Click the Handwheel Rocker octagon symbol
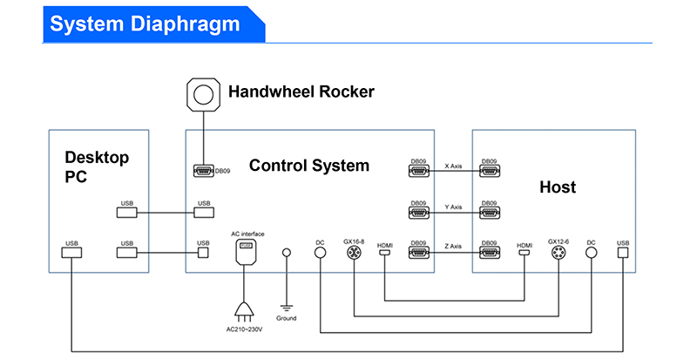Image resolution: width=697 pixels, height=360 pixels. [x=203, y=94]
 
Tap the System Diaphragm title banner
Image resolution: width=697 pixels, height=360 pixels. [x=154, y=24]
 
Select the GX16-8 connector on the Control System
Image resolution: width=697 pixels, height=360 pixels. [x=354, y=253]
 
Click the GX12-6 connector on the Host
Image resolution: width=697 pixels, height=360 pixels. [x=558, y=253]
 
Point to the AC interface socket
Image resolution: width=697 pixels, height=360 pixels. [x=245, y=251]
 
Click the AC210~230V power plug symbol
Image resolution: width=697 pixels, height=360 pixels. [x=244, y=311]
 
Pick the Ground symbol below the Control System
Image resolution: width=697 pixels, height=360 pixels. [x=287, y=308]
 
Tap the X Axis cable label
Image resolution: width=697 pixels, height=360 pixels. [x=453, y=166]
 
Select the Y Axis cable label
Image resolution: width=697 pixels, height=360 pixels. [x=453, y=207]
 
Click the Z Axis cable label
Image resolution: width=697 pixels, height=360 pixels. [x=453, y=246]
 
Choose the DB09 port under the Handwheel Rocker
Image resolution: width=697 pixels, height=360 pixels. [x=204, y=171]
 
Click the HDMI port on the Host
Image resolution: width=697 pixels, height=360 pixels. [x=524, y=253]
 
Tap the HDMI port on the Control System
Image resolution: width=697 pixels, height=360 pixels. [x=384, y=253]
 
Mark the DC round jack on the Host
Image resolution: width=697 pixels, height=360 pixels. [x=591, y=253]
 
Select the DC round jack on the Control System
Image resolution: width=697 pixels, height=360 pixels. [x=320, y=253]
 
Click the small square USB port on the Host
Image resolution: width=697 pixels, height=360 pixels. [x=623, y=253]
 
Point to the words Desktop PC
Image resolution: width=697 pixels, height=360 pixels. [x=97, y=166]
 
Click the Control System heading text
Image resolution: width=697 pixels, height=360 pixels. [x=309, y=166]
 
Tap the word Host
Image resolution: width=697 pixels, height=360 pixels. [x=558, y=187]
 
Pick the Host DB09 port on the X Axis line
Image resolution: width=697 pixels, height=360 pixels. [x=490, y=171]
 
